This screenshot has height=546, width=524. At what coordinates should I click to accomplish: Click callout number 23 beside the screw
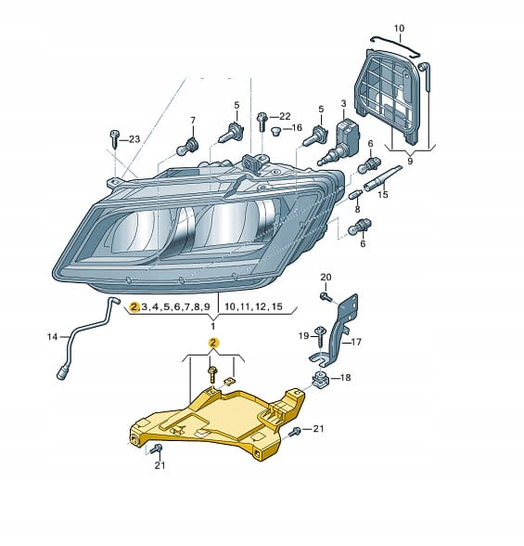point(134,139)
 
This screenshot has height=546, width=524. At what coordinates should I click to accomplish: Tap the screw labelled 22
point(262,122)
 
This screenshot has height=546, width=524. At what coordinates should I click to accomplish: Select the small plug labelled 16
point(275,132)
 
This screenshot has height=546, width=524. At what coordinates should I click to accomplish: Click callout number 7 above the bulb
point(193,121)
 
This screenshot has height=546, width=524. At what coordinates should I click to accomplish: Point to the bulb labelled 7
point(187,147)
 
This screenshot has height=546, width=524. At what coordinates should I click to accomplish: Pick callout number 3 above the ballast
point(343,103)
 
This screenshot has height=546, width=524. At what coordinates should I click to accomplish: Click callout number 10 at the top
point(399,28)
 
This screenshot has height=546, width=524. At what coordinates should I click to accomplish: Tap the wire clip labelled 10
point(396,45)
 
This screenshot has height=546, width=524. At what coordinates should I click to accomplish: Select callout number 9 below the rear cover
point(410,162)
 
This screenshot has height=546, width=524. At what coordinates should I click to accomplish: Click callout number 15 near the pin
point(382,194)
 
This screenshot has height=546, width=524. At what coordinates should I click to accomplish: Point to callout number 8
point(357,210)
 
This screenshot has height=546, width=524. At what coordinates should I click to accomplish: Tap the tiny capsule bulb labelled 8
point(354,195)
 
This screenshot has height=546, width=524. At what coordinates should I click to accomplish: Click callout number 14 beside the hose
point(52,337)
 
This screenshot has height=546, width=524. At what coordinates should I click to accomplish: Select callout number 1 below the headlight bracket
point(212,326)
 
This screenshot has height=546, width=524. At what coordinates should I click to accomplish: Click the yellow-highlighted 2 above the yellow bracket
point(213,343)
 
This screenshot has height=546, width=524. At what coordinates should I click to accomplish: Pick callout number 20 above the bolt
point(326,277)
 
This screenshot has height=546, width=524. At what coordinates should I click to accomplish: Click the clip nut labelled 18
point(319,380)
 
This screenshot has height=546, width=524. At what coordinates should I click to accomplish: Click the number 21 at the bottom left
point(160,465)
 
